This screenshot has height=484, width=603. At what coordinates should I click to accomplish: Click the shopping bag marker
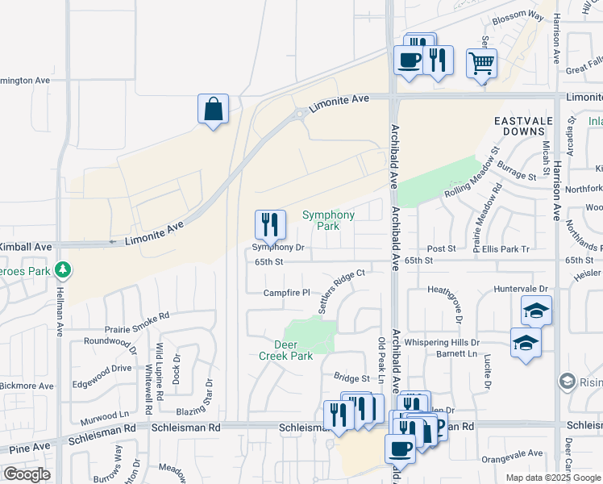[213, 109]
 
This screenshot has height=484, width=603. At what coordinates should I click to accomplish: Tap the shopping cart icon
[481, 63]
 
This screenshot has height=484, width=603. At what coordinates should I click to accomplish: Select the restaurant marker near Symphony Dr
[270, 225]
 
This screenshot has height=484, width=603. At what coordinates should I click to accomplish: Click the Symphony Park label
[328, 220]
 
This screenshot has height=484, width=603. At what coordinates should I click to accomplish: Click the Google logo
[26, 474]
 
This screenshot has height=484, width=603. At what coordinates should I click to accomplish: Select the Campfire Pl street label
[286, 292]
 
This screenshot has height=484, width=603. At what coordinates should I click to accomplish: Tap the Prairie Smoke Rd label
[137, 323]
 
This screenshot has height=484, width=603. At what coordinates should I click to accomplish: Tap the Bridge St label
[351, 378]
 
